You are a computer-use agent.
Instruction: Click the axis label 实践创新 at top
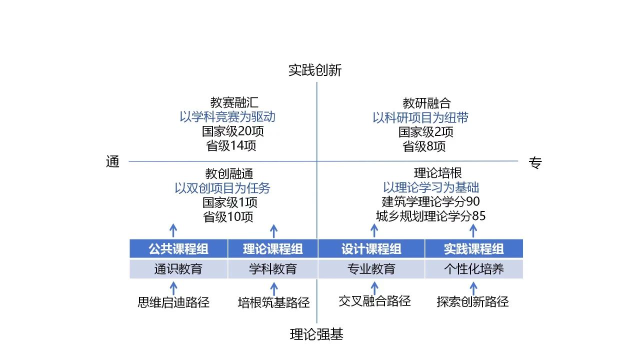click(x=314, y=70)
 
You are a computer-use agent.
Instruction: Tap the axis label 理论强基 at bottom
click(x=316, y=334)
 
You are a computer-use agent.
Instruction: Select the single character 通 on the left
click(x=113, y=162)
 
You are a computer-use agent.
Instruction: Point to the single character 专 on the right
click(x=535, y=163)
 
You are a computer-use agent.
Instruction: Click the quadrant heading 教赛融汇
click(x=234, y=103)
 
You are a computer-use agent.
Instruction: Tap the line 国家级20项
click(x=233, y=132)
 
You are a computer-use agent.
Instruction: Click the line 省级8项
click(x=424, y=146)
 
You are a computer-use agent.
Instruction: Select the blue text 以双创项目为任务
click(x=222, y=188)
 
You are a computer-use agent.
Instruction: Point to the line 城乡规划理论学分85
click(x=430, y=216)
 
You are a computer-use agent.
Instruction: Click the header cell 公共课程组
click(x=178, y=249)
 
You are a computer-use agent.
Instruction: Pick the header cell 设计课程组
click(x=371, y=249)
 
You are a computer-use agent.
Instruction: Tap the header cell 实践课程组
click(x=473, y=249)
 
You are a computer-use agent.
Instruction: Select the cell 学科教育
click(x=272, y=269)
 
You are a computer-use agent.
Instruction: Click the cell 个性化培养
click(x=473, y=269)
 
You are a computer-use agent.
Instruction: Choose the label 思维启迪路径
click(x=173, y=302)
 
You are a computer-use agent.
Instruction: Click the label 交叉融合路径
click(x=374, y=301)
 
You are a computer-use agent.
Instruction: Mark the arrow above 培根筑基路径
click(x=273, y=289)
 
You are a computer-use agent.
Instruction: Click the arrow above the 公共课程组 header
click(x=173, y=230)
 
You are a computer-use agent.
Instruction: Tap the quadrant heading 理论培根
click(x=437, y=173)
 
